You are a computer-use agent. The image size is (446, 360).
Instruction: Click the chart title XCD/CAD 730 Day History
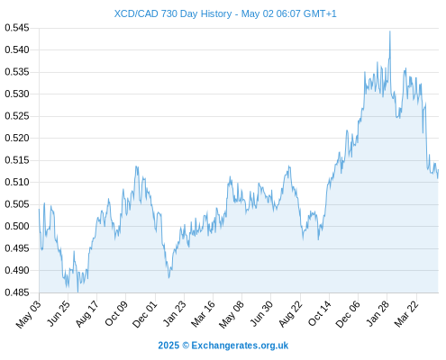coord(173,13)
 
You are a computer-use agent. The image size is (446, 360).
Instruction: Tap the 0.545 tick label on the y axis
coord(17,28)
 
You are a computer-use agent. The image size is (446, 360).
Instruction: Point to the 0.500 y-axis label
coord(17,226)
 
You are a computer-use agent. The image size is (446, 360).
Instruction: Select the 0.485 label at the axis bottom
coord(17,292)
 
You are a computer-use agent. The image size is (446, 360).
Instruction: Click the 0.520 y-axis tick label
coord(17,138)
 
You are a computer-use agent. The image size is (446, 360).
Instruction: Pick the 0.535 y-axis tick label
coord(17,72)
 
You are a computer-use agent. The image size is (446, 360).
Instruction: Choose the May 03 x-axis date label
coord(29,314)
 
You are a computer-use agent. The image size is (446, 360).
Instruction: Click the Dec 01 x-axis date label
coord(145,314)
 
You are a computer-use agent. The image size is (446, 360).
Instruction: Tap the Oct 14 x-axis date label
coord(320,313)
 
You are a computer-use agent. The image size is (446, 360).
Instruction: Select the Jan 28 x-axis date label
coord(378,313)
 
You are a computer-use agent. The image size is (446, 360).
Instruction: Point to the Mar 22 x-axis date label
coord(406,314)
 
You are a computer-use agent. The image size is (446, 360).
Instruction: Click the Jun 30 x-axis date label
coord(262,313)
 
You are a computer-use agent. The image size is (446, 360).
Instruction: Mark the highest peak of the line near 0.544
coord(390,31)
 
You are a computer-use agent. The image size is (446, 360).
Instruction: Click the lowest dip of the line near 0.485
coord(77,292)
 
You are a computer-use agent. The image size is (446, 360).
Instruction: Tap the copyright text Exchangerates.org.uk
coord(240,346)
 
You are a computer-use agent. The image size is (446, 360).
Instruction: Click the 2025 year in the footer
coord(168,346)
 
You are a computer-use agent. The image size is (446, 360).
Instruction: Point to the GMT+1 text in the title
coord(320,13)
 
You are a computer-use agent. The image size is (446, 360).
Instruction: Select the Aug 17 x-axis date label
coord(87,314)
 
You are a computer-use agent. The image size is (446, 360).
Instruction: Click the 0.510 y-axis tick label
coord(17,182)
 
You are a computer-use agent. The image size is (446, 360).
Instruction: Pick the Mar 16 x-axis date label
coord(204,314)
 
